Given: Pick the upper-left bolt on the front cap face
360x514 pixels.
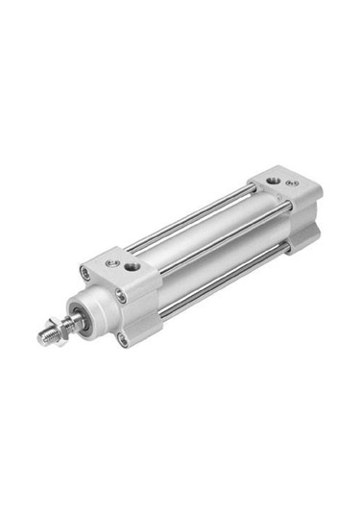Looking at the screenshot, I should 84,273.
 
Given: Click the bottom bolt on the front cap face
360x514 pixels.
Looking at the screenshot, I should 123,337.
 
